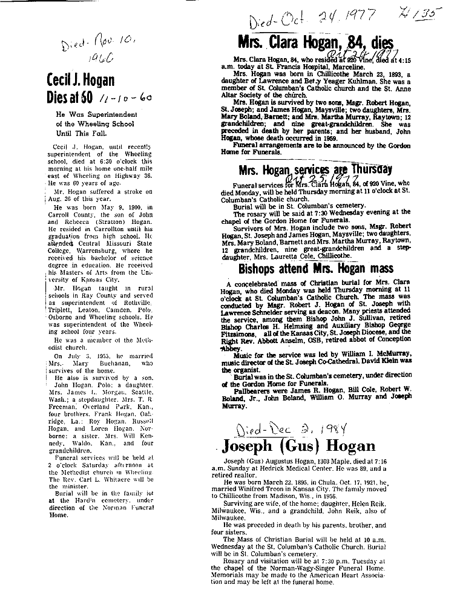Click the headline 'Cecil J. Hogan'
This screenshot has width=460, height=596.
coord(80,80)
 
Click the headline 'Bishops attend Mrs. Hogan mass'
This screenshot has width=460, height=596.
coord(315,268)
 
